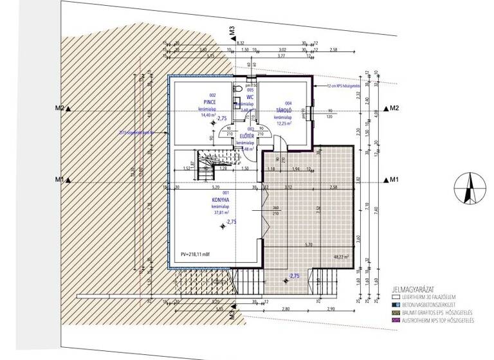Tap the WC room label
tap(242, 96)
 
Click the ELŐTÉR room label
tap(248, 136)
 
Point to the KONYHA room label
tap(221, 200)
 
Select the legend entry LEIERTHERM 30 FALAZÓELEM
tap(431, 298)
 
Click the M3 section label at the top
tap(230, 33)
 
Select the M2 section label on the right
tap(394, 109)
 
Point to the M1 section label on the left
tap(59, 179)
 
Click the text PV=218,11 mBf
tap(196, 255)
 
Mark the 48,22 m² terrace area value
tap(341, 255)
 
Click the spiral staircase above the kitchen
tap(206, 164)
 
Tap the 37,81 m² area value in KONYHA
tap(223, 212)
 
